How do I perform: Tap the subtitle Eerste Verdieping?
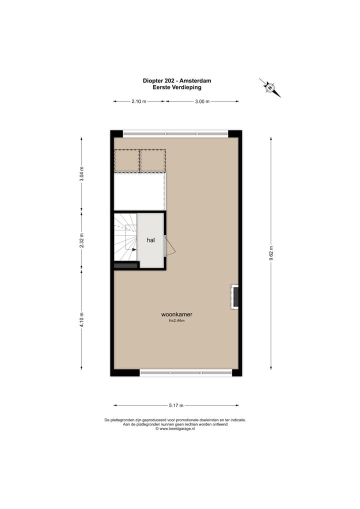[176, 87]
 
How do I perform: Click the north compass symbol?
[270, 87]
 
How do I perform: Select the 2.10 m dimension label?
[138, 101]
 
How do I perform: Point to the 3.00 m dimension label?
[202, 101]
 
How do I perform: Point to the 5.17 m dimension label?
[176, 405]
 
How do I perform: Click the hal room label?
[150, 240]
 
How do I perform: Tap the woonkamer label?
[176, 314]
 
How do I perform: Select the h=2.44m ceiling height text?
[176, 321]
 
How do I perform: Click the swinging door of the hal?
[169, 246]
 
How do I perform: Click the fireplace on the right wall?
[234, 297]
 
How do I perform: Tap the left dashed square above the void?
[127, 160]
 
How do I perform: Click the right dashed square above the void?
[152, 160]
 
